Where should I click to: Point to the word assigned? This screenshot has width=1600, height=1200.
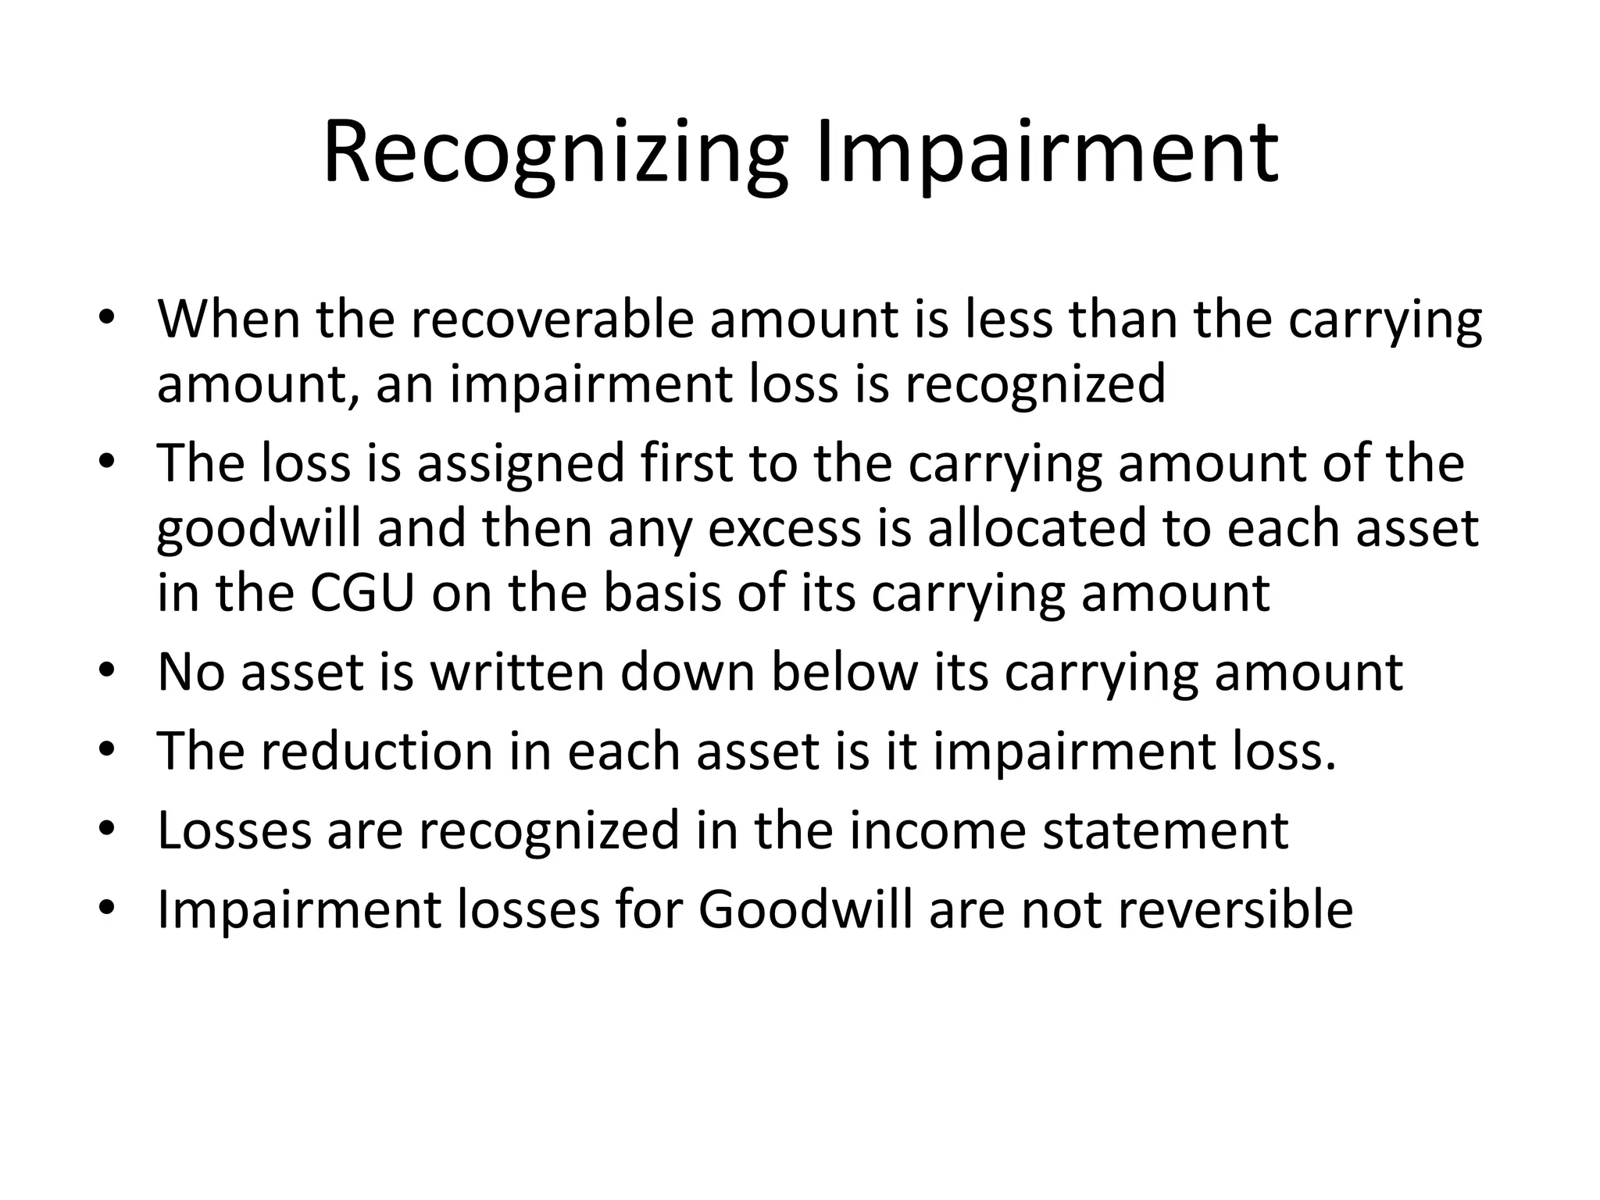520,462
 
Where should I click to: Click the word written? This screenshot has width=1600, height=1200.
517,672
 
